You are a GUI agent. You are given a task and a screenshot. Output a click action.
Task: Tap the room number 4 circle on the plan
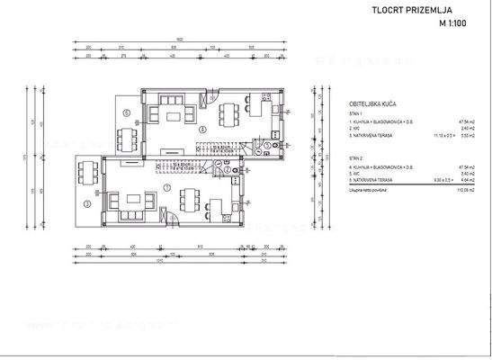pyautogui.click(x=203, y=130)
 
